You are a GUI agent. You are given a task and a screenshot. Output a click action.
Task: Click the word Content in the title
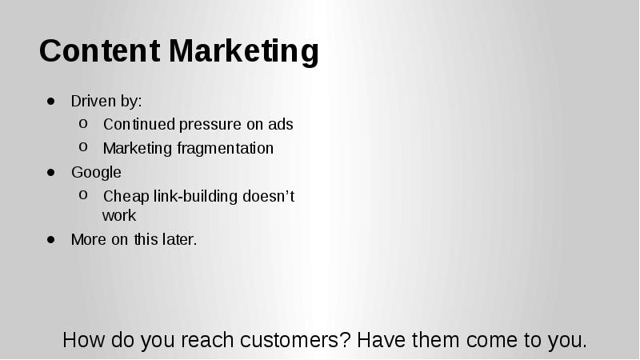click(99, 50)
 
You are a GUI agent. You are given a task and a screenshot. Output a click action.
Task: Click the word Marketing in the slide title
click(244, 52)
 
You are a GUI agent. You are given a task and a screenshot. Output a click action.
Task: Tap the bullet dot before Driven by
click(51, 101)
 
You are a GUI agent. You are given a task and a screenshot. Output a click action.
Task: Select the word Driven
click(93, 101)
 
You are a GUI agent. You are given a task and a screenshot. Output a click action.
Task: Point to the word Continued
click(139, 124)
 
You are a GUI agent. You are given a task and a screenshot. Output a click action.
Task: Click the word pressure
click(210, 125)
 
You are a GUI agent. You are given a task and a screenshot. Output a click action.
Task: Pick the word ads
click(281, 124)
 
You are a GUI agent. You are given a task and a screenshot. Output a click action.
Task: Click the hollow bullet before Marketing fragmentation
click(83, 147)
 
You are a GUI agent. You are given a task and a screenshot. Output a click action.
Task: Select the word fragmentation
click(226, 149)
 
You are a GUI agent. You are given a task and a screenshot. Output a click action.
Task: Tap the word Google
click(96, 173)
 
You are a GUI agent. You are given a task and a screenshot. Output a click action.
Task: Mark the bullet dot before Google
click(51, 172)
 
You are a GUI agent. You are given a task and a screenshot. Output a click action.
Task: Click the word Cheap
click(126, 197)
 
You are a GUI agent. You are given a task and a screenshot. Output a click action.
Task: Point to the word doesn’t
click(269, 196)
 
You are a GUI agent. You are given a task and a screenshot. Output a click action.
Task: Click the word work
click(119, 215)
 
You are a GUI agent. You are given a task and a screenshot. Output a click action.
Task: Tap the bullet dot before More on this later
click(51, 239)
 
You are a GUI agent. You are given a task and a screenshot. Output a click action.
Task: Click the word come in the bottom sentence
click(493, 340)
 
